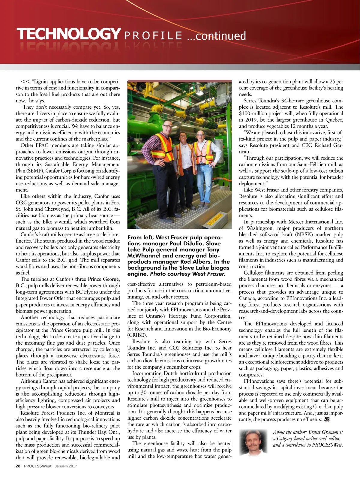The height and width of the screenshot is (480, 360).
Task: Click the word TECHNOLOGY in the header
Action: [69, 34]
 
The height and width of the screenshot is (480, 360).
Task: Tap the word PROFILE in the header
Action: [153, 36]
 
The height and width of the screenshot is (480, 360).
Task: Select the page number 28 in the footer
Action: [18, 466]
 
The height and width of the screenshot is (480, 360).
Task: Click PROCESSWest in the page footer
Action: [38, 466]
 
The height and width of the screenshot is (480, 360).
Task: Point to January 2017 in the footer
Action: [66, 466]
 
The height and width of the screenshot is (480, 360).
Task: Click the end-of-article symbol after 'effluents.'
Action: [327, 419]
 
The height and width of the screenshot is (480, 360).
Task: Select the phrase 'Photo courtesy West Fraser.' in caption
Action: [187, 274]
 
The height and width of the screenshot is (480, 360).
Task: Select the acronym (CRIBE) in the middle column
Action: [137, 335]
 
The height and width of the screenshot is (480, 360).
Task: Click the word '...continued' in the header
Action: [216, 36]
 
